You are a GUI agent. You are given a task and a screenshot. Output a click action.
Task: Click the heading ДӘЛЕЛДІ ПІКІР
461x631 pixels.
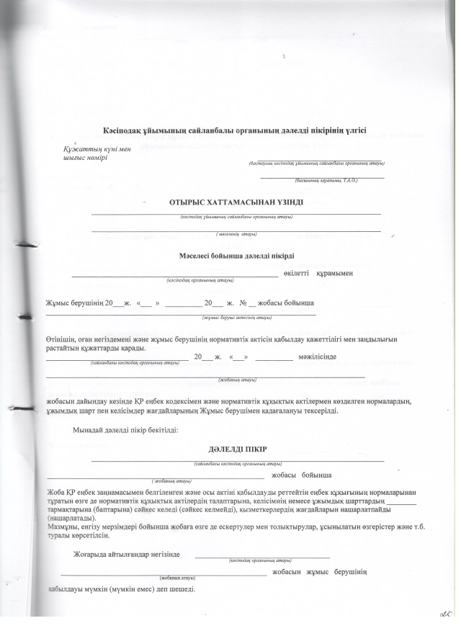pyautogui.click(x=237, y=449)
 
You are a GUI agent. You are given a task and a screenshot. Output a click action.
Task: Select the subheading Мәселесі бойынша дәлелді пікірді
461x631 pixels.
pyautogui.click(x=236, y=256)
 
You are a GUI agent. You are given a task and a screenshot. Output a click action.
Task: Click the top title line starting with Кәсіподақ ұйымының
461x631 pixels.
pyautogui.click(x=234, y=130)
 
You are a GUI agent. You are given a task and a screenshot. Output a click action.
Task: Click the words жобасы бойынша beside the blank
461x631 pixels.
pyautogui.click(x=301, y=476)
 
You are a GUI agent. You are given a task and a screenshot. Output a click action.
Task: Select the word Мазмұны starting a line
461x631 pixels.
pyautogui.click(x=63, y=527)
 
